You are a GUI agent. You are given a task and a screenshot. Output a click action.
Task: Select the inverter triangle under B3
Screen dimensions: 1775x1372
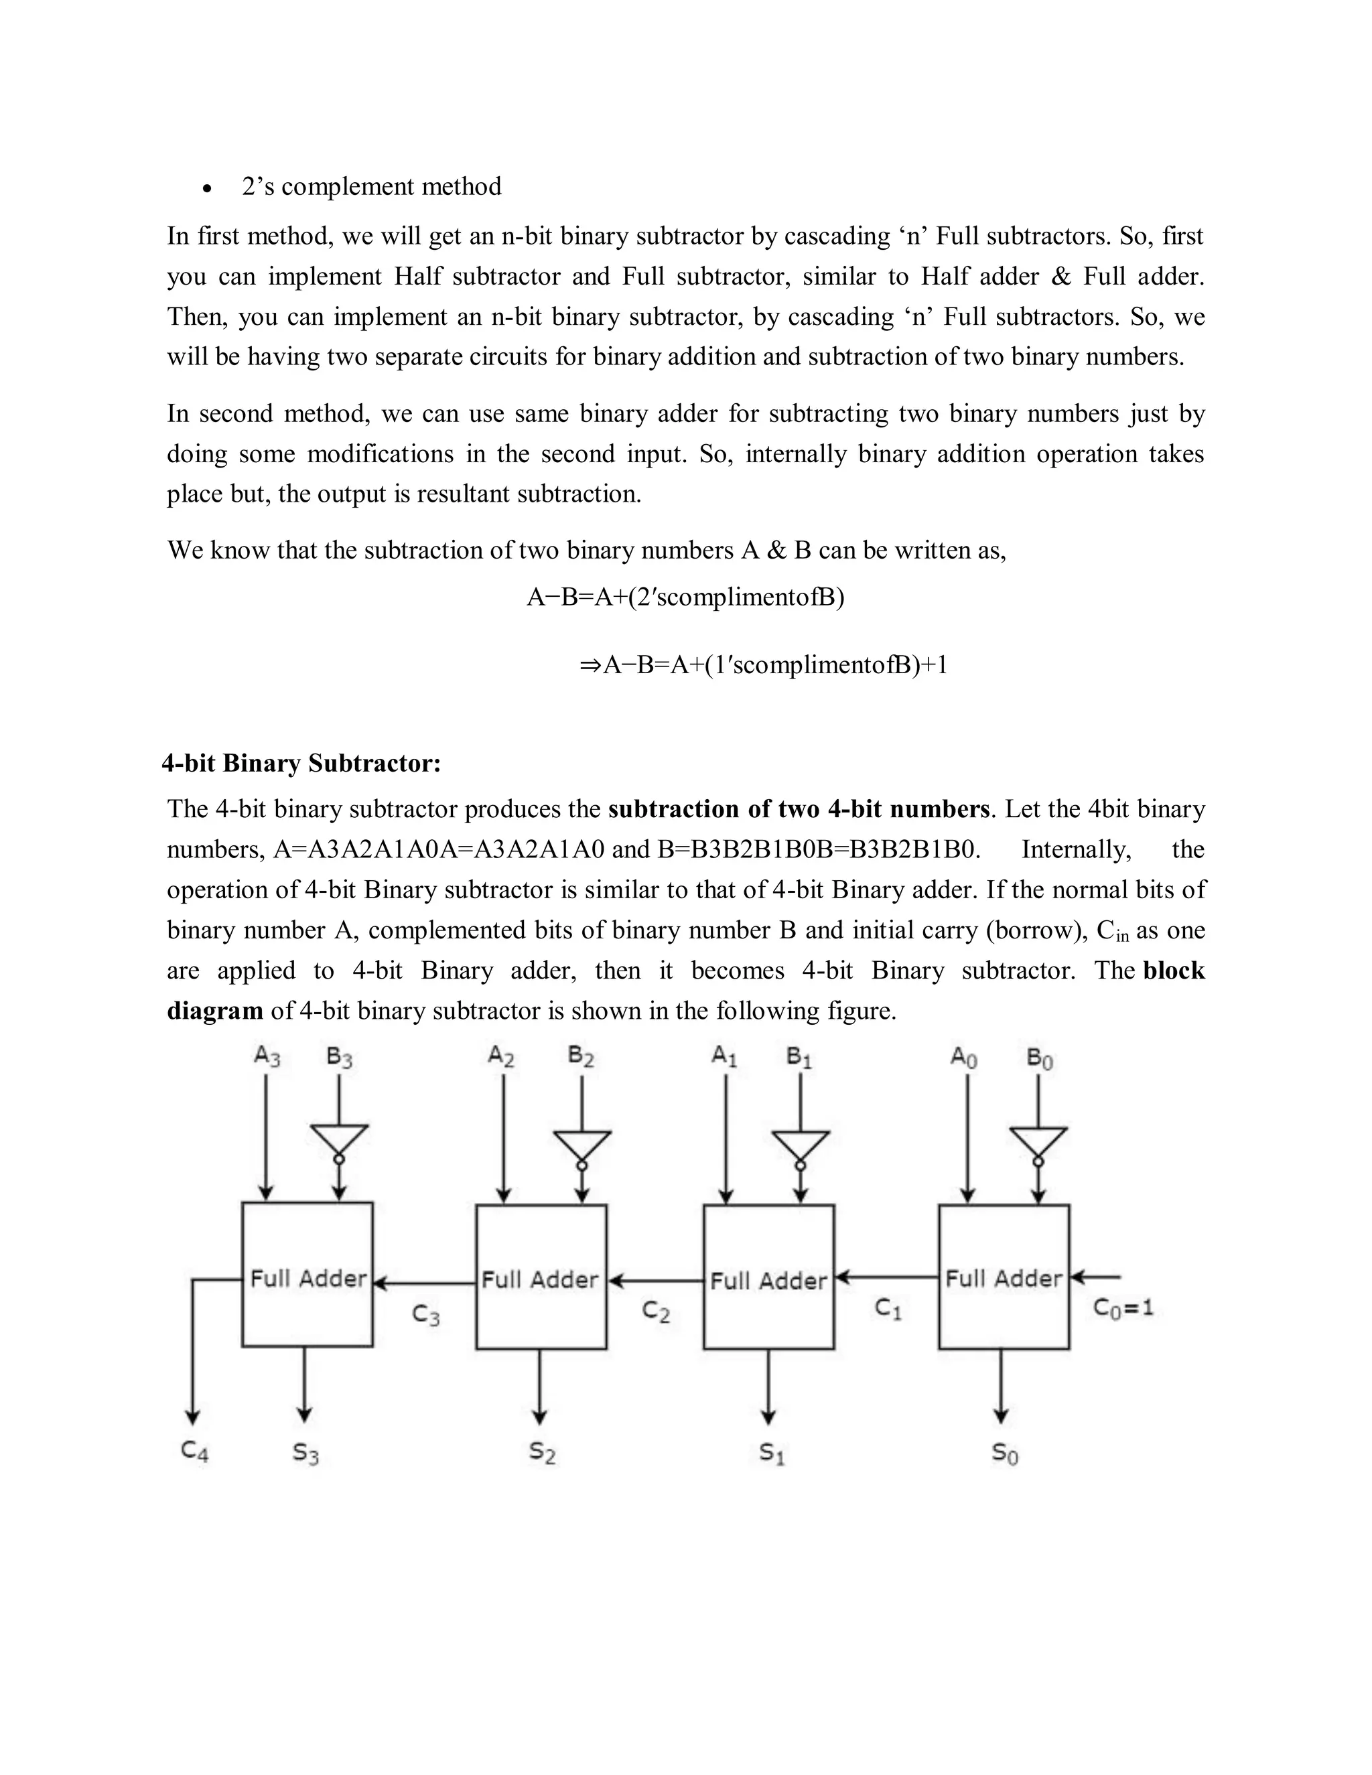(x=339, y=1139)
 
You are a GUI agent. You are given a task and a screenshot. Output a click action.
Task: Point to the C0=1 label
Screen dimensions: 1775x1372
(x=1123, y=1307)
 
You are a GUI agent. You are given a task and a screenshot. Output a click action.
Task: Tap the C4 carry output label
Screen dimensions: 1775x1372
(x=194, y=1451)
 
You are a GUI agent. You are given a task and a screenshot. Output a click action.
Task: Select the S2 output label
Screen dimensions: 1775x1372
(x=542, y=1452)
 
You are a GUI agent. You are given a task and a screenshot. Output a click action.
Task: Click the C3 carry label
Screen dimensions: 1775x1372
(x=426, y=1314)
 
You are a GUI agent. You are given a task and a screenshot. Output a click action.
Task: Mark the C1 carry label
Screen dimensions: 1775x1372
(x=888, y=1309)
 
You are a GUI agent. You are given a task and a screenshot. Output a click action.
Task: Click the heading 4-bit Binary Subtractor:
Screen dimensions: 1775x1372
(x=301, y=763)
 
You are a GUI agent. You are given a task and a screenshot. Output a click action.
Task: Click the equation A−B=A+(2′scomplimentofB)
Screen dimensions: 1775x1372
(x=685, y=597)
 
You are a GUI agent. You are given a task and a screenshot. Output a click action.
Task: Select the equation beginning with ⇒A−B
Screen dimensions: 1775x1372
(x=763, y=665)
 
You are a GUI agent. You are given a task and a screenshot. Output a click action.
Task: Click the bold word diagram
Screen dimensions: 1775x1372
(x=214, y=1010)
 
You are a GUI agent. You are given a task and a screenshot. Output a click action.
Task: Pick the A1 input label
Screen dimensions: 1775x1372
(x=724, y=1056)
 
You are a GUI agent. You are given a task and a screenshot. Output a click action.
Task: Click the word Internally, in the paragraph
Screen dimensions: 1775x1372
(x=1075, y=849)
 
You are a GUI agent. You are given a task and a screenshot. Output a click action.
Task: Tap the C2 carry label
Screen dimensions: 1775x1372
(x=655, y=1310)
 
